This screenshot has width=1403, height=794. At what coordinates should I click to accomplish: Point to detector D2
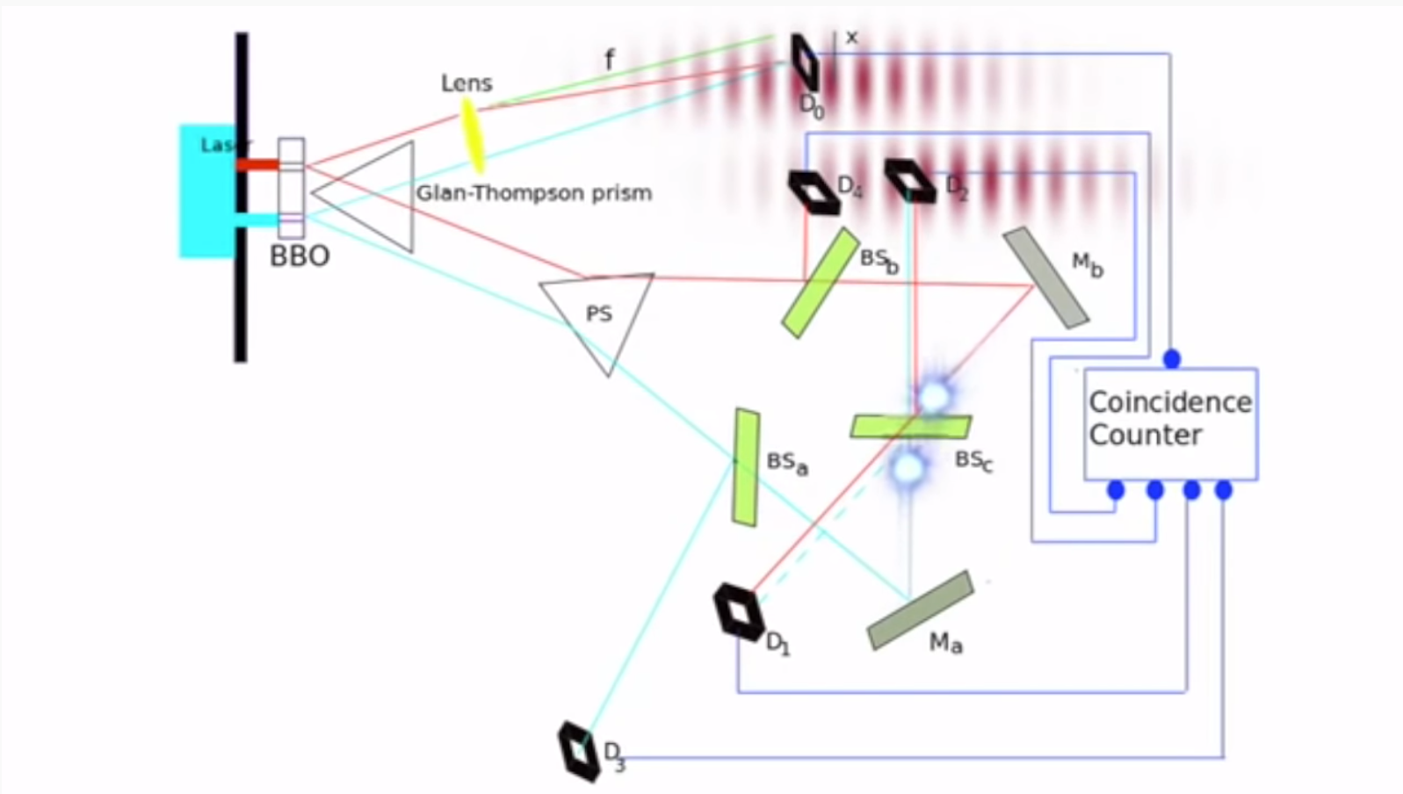tap(910, 180)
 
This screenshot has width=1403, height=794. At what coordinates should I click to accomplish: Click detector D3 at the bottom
tap(579, 751)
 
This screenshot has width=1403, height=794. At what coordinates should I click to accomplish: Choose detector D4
tap(814, 191)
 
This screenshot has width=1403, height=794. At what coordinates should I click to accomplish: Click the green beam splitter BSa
tap(746, 467)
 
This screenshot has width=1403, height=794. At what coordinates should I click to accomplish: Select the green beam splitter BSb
tap(821, 282)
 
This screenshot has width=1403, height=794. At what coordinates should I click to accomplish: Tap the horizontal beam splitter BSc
tap(911, 427)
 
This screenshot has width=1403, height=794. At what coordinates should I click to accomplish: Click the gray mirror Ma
tap(920, 610)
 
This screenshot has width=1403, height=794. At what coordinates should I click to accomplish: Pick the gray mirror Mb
tap(1045, 278)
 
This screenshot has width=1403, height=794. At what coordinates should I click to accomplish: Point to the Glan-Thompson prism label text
tap(533, 193)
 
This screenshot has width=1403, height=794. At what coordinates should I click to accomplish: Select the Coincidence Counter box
tap(1170, 423)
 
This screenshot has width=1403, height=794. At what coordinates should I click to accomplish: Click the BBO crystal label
tap(300, 256)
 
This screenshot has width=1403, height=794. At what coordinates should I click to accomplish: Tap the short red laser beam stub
tap(257, 164)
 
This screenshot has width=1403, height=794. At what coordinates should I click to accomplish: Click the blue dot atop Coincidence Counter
tap(1171, 358)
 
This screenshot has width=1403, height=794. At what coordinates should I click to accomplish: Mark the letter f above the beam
tap(609, 60)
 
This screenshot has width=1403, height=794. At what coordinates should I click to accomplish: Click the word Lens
tap(466, 83)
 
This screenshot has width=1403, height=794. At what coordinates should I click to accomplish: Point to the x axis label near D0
tap(850, 38)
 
